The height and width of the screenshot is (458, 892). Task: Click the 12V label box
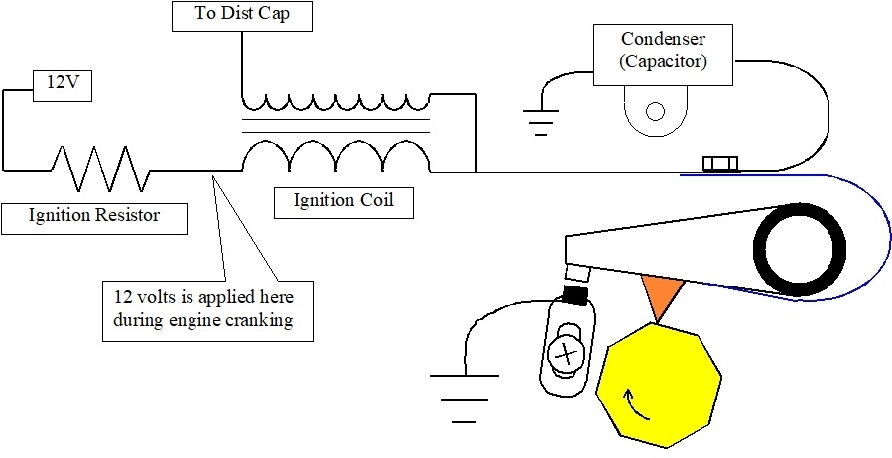(x=64, y=85)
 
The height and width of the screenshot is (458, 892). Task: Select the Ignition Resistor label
(x=93, y=215)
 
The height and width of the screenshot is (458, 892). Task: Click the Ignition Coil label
(x=343, y=201)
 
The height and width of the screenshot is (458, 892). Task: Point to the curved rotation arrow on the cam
(x=629, y=401)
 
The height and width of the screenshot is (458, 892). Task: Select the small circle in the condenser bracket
(x=654, y=110)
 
